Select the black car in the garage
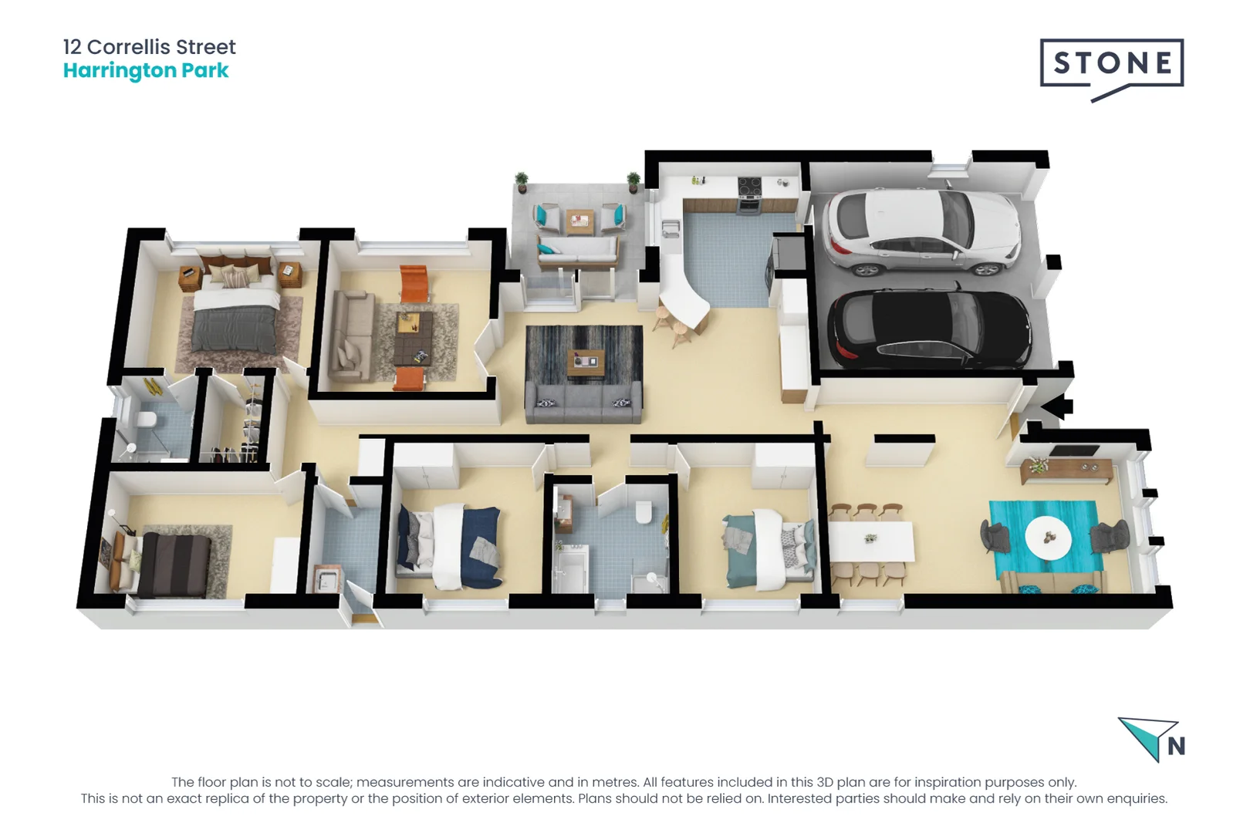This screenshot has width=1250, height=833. (929, 330)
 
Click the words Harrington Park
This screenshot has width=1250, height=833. (146, 71)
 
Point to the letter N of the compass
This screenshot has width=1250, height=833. (1176, 747)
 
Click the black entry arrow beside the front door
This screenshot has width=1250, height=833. (1056, 406)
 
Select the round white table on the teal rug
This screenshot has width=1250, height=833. (1048, 537)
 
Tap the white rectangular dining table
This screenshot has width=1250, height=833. (871, 541)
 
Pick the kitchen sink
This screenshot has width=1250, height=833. (671, 228)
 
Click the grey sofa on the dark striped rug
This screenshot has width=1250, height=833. (583, 403)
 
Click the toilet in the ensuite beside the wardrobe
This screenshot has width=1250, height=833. (145, 420)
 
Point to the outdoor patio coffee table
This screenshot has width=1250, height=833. (579, 221)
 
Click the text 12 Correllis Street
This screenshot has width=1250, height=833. (150, 47)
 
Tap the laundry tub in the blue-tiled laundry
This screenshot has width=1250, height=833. (326, 578)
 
